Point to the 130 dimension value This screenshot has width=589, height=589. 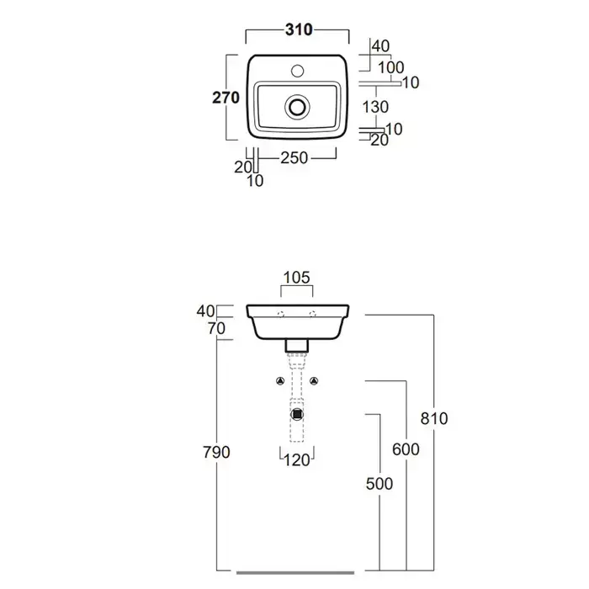pyautogui.click(x=374, y=106)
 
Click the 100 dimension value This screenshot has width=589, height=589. pyautogui.click(x=391, y=67)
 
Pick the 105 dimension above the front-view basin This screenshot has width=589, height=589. pyautogui.click(x=297, y=277)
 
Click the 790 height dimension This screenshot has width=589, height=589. pyautogui.click(x=217, y=452)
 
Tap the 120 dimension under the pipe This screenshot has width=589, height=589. pyautogui.click(x=296, y=459)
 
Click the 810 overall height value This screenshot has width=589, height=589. pyautogui.click(x=434, y=418)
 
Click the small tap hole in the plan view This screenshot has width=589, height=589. pyautogui.click(x=296, y=66)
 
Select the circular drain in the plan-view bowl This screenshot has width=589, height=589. pyautogui.click(x=296, y=107)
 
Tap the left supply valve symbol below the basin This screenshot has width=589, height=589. pyautogui.click(x=279, y=383)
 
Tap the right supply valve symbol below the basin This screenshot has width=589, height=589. pyautogui.click(x=315, y=383)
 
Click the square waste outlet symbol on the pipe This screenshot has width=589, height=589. pyautogui.click(x=296, y=413)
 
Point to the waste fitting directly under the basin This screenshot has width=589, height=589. pyautogui.click(x=296, y=344)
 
